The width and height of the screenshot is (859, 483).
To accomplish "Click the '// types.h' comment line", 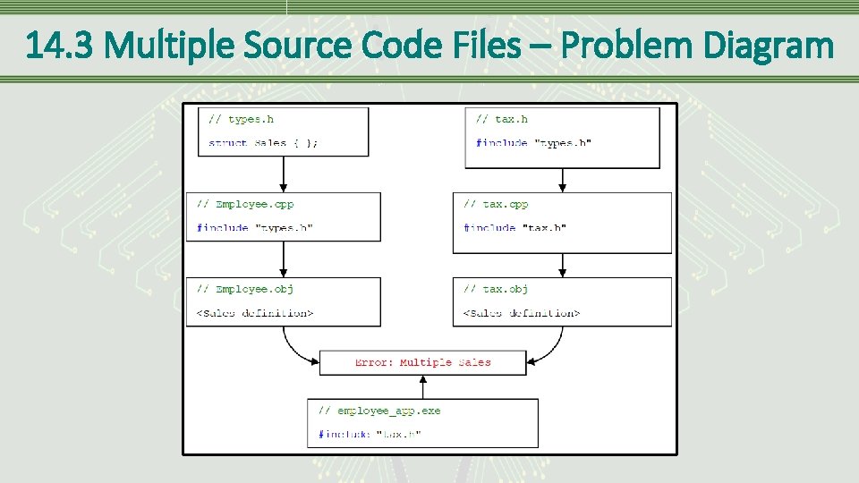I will pyautogui.click(x=242, y=119).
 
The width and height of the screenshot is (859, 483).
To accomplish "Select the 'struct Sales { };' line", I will pyautogui.click(x=263, y=143).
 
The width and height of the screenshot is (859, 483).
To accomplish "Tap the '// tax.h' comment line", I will pyautogui.click(x=501, y=119).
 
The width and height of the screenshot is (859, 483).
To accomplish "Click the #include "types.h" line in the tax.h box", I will pyautogui.click(x=533, y=143).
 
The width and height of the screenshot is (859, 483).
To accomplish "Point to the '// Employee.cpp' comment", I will pyautogui.click(x=245, y=204).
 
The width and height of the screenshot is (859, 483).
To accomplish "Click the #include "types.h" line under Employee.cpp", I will pyautogui.click(x=255, y=228).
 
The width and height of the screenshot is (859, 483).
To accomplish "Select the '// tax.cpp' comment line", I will pyautogui.click(x=496, y=204).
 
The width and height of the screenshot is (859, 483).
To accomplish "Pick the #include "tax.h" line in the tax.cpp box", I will pyautogui.click(x=515, y=228).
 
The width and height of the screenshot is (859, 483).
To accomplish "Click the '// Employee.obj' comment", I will pyautogui.click(x=245, y=289).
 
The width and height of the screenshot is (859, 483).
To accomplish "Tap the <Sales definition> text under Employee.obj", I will pyautogui.click(x=255, y=313).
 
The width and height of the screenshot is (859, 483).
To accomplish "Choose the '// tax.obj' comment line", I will pyautogui.click(x=496, y=289).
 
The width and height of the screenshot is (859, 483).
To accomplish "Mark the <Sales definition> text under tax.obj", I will pyautogui.click(x=522, y=313).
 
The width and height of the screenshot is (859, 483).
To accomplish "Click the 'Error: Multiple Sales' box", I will pyautogui.click(x=422, y=362).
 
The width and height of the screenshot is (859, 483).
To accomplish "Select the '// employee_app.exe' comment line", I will pyautogui.click(x=379, y=411).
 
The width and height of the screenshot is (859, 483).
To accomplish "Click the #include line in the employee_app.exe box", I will pyautogui.click(x=370, y=435).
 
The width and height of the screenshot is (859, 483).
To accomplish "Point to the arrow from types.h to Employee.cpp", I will pyautogui.click(x=283, y=174).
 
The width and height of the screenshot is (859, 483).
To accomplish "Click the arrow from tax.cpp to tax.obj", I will pyautogui.click(x=562, y=265).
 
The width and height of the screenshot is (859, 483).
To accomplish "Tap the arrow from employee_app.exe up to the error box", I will pyautogui.click(x=422, y=386).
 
